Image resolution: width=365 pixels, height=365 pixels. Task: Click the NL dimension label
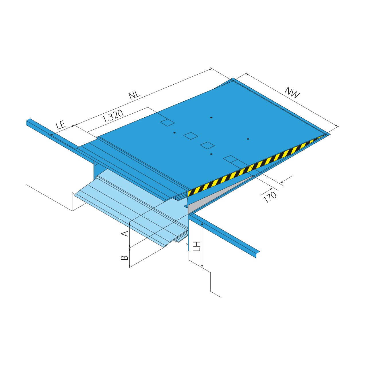[x=134, y=95]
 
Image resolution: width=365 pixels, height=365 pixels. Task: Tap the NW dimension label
[x=292, y=92]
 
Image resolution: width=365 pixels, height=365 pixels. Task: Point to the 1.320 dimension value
[x=113, y=116]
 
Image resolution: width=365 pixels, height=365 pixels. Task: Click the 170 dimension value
[x=270, y=197]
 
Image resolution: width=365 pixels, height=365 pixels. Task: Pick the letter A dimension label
[x=125, y=233]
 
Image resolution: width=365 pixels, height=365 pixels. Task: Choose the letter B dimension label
[x=125, y=257]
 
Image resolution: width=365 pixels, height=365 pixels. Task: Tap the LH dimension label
[x=197, y=246]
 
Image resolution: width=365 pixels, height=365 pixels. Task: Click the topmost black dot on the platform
[x=211, y=118]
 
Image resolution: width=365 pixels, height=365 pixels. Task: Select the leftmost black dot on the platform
[x=174, y=133]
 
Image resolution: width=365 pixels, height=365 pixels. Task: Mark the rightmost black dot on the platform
[x=248, y=139]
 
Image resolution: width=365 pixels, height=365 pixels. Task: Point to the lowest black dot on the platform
[x=211, y=154]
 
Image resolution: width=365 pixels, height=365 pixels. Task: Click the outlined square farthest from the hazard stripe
[x=167, y=123]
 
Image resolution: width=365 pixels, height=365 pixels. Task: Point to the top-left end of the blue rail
[x=28, y=122]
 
